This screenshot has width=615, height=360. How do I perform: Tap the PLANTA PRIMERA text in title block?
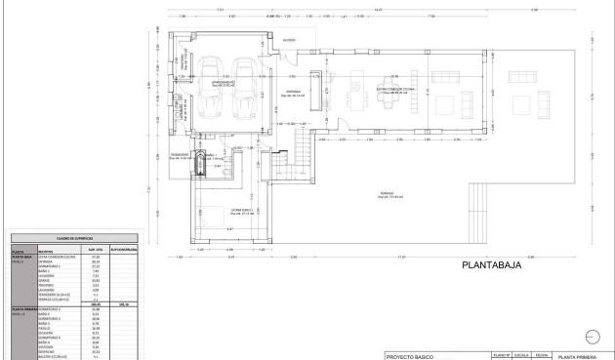pos(580,357)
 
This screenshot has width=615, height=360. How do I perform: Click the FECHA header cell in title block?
pos(540,356)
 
